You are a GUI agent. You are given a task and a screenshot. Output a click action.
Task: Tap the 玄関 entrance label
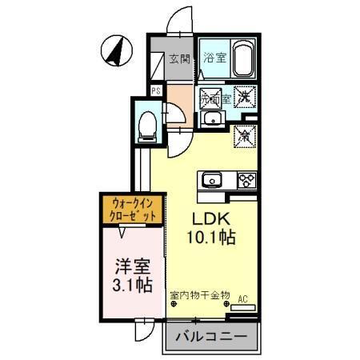179,58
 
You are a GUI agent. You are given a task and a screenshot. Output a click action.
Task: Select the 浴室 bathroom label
214,58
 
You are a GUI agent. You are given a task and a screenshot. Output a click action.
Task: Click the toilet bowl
146,125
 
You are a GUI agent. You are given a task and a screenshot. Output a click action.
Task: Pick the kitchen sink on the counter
212,178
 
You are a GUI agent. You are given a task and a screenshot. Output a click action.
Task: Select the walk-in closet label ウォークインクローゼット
133,210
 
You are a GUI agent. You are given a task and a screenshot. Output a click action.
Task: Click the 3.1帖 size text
126,286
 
